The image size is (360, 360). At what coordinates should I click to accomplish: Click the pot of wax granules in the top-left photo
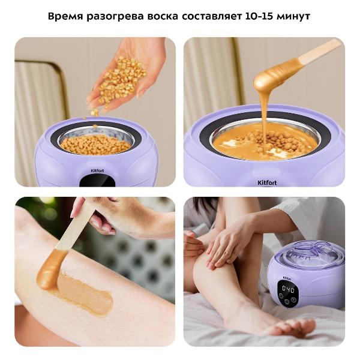(x=96, y=143)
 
